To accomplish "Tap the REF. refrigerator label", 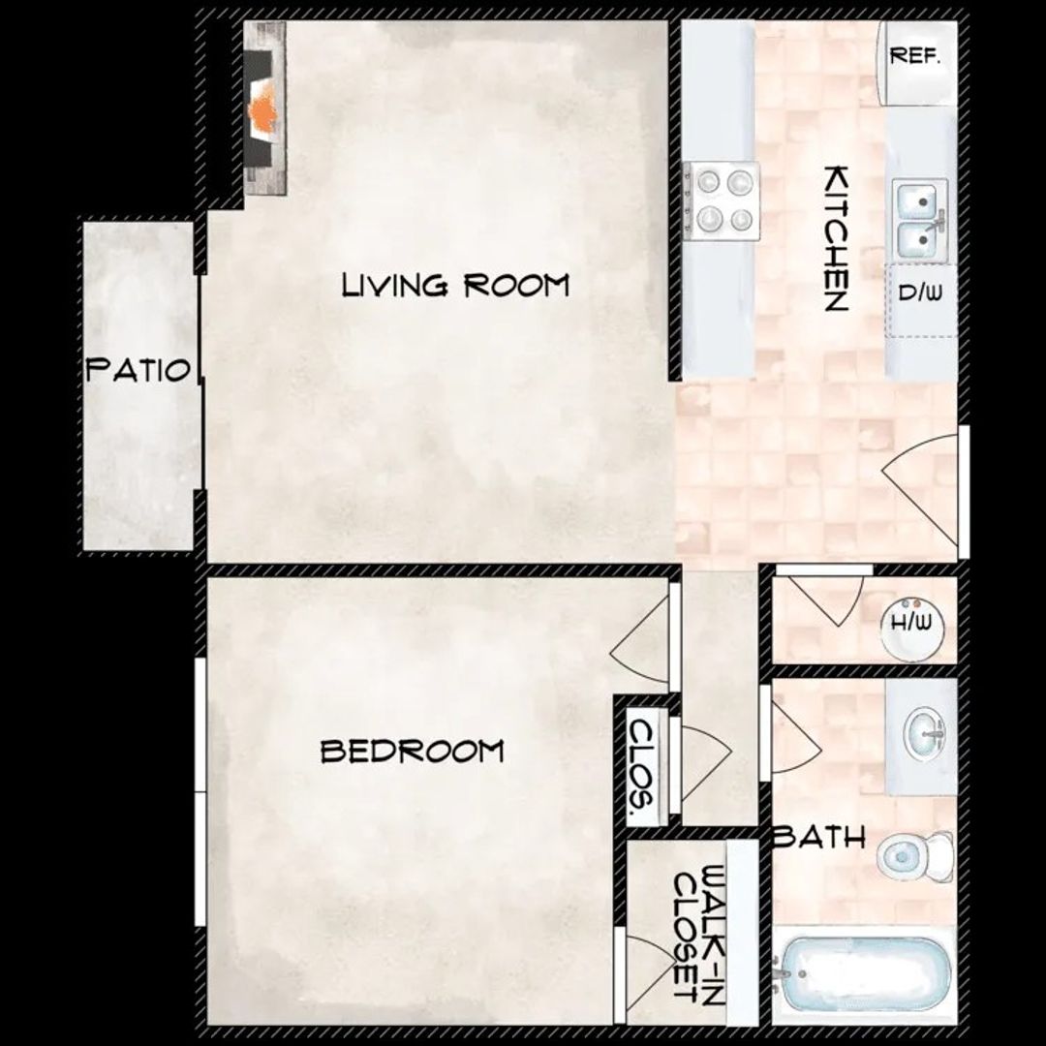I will (915, 56).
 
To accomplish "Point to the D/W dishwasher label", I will (921, 292).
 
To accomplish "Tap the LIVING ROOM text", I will (455, 286).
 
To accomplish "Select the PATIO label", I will (138, 370).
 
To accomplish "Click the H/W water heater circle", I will (911, 622).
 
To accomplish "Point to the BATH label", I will (819, 838).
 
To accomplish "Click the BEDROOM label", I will (412, 751).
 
